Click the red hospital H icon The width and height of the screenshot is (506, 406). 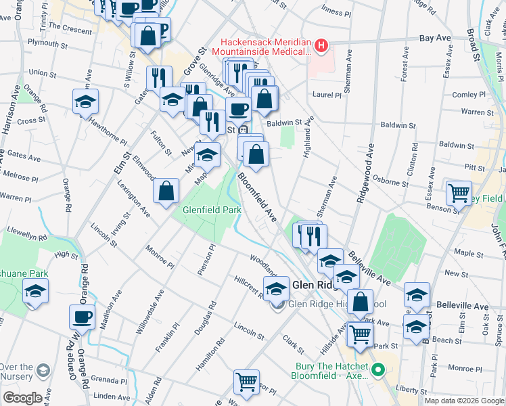pos(321,46)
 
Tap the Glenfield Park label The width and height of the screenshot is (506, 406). pos(212,210)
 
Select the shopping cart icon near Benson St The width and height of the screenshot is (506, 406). pos(459,192)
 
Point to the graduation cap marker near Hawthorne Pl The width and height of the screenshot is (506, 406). pos(86,101)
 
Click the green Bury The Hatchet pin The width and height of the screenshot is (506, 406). pos(378,370)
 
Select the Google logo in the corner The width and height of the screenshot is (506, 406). pos(22,397)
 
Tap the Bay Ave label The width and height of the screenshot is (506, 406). pos(435,39)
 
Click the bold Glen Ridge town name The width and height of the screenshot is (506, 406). pos(315,286)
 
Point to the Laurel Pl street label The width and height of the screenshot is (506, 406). pos(327,95)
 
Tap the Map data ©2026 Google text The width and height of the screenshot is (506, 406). pos(464,401)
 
